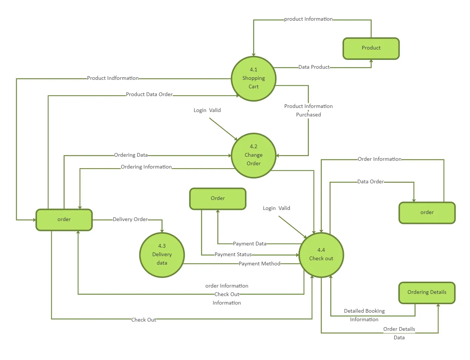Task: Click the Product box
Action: click(x=371, y=48)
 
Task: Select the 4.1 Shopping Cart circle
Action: click(x=253, y=78)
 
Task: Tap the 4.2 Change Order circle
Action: click(x=253, y=155)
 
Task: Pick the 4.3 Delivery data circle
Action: click(x=162, y=255)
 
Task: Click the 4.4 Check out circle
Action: click(x=321, y=255)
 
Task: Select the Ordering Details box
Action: click(x=427, y=293)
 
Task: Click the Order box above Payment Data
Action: click(x=218, y=199)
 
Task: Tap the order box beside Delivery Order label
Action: click(x=64, y=220)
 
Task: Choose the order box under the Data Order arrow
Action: click(x=427, y=213)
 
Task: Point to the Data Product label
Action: click(x=314, y=67)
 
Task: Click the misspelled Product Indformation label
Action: click(x=113, y=78)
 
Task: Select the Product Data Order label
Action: click(x=149, y=95)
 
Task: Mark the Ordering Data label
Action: click(x=131, y=155)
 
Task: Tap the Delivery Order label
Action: click(x=130, y=220)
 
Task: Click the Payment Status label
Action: click(x=233, y=255)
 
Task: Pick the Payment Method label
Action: click(x=259, y=264)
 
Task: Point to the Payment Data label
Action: click(x=249, y=244)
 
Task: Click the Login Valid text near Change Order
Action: click(x=207, y=111)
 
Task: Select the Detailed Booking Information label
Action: click(x=364, y=315)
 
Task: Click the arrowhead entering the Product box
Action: click(x=371, y=61)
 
